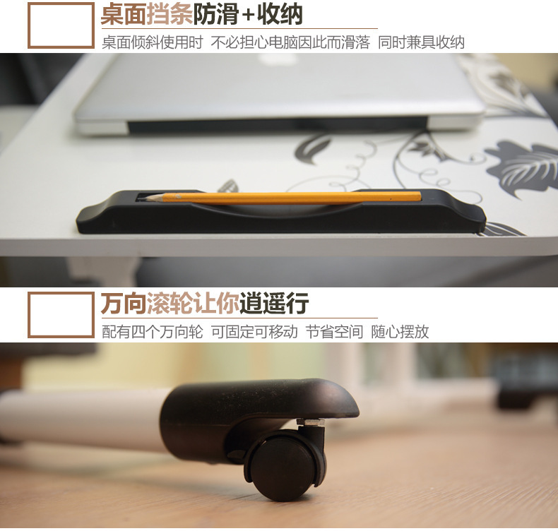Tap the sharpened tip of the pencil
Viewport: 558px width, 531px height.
(x=150, y=198)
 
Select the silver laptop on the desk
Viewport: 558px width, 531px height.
(x=279, y=92)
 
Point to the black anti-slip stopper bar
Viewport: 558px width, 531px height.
(x=283, y=215)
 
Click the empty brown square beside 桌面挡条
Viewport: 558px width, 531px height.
(x=61, y=25)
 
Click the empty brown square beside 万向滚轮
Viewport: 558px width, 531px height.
(x=61, y=315)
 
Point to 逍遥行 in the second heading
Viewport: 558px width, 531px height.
(x=274, y=304)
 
